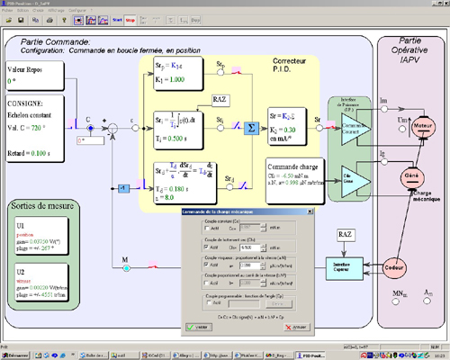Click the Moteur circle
421,129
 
